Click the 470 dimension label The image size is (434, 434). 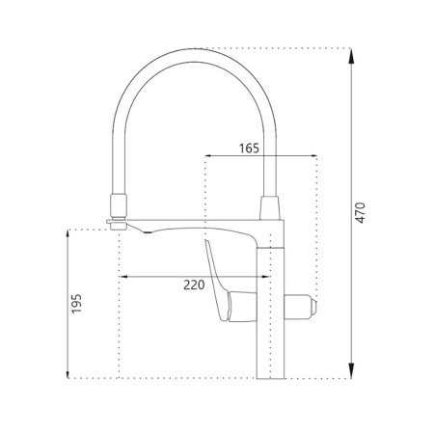click(361, 213)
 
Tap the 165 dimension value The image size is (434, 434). click(249, 149)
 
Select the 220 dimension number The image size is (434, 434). click(194, 285)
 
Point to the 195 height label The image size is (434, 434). click(76, 304)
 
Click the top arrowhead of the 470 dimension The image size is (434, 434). click(351, 57)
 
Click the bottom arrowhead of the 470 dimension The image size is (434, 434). click(351, 370)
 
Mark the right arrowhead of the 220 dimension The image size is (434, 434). click(263, 277)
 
